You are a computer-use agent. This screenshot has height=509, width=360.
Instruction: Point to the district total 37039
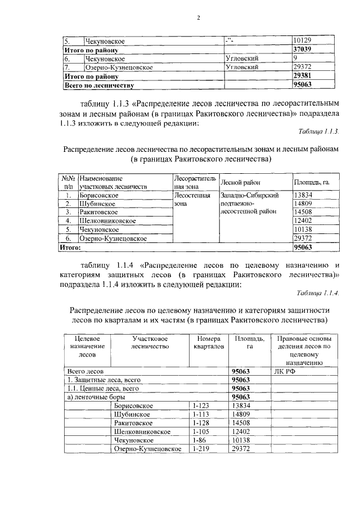pyautogui.click(x=304, y=49)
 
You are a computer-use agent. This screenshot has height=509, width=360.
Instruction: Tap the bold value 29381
pyautogui.click(x=304, y=75)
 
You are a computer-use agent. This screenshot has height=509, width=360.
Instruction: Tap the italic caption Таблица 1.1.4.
pyautogui.click(x=318, y=292)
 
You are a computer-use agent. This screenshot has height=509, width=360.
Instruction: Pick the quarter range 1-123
pyautogui.click(x=201, y=406)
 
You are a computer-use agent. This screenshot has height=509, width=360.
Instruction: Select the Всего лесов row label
pyautogui.click(x=84, y=371)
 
